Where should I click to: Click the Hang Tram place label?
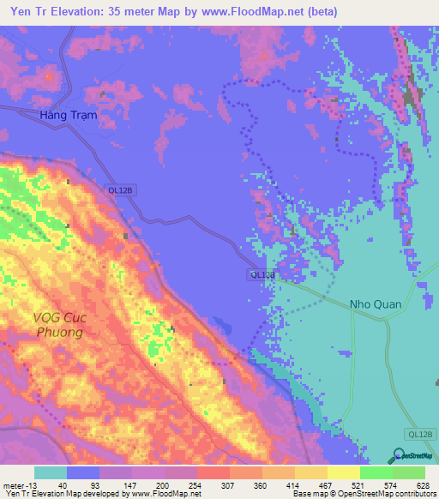pyautogui.click(x=74, y=114)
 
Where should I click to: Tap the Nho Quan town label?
pyautogui.click(x=375, y=304)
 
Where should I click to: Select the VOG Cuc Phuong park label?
pyautogui.click(x=58, y=324)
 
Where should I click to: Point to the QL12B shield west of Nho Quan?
pyautogui.click(x=262, y=274)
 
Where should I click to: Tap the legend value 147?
pyautogui.click(x=129, y=485)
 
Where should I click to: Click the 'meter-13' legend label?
pyautogui.click(x=19, y=485)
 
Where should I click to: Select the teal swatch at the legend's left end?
pyautogui.click(x=51, y=472)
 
